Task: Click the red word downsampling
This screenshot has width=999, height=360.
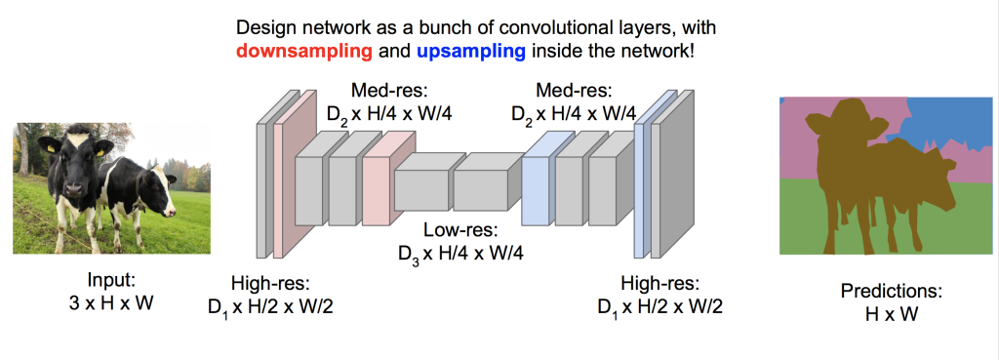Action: tap(304, 51)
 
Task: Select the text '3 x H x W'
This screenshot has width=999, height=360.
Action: tap(111, 302)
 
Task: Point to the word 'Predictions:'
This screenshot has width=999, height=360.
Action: tap(891, 291)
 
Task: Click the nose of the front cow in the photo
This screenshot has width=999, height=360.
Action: tap(74, 189)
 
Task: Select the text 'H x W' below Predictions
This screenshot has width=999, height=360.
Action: tap(892, 313)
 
